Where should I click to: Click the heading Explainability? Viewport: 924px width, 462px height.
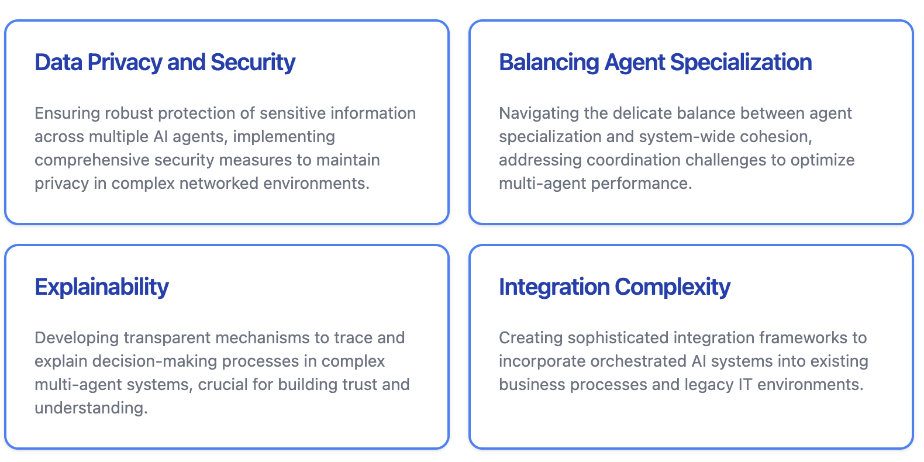pyautogui.click(x=102, y=287)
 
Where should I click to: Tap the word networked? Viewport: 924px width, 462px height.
pyautogui.click(x=219, y=183)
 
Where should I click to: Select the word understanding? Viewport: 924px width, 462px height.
pyautogui.click(x=91, y=408)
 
